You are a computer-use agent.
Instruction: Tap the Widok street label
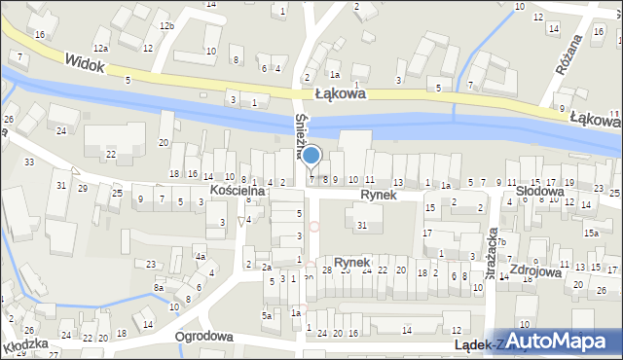pyautogui.click(x=86, y=61)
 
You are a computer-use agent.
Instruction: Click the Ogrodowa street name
pyautogui.click(x=203, y=336)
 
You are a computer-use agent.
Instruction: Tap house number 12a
pyautogui.click(x=101, y=48)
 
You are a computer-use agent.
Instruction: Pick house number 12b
pyautogui.click(x=167, y=25)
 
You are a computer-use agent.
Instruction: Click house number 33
pyautogui.click(x=29, y=162)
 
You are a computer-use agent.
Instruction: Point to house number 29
pyautogui.click(x=82, y=186)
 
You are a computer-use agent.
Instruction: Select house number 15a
pyautogui.click(x=591, y=234)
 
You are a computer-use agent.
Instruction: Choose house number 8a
pyautogui.click(x=159, y=288)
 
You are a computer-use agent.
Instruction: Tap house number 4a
pyautogui.click(x=200, y=257)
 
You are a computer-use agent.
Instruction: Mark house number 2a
pyautogui.click(x=266, y=267)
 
